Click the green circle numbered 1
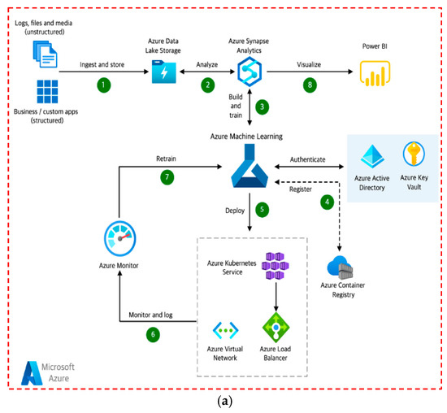click(x=103, y=83)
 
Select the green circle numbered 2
click(x=208, y=84)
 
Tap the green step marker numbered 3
click(x=262, y=107)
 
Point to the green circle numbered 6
click(x=151, y=333)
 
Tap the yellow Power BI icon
click(x=373, y=75)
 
